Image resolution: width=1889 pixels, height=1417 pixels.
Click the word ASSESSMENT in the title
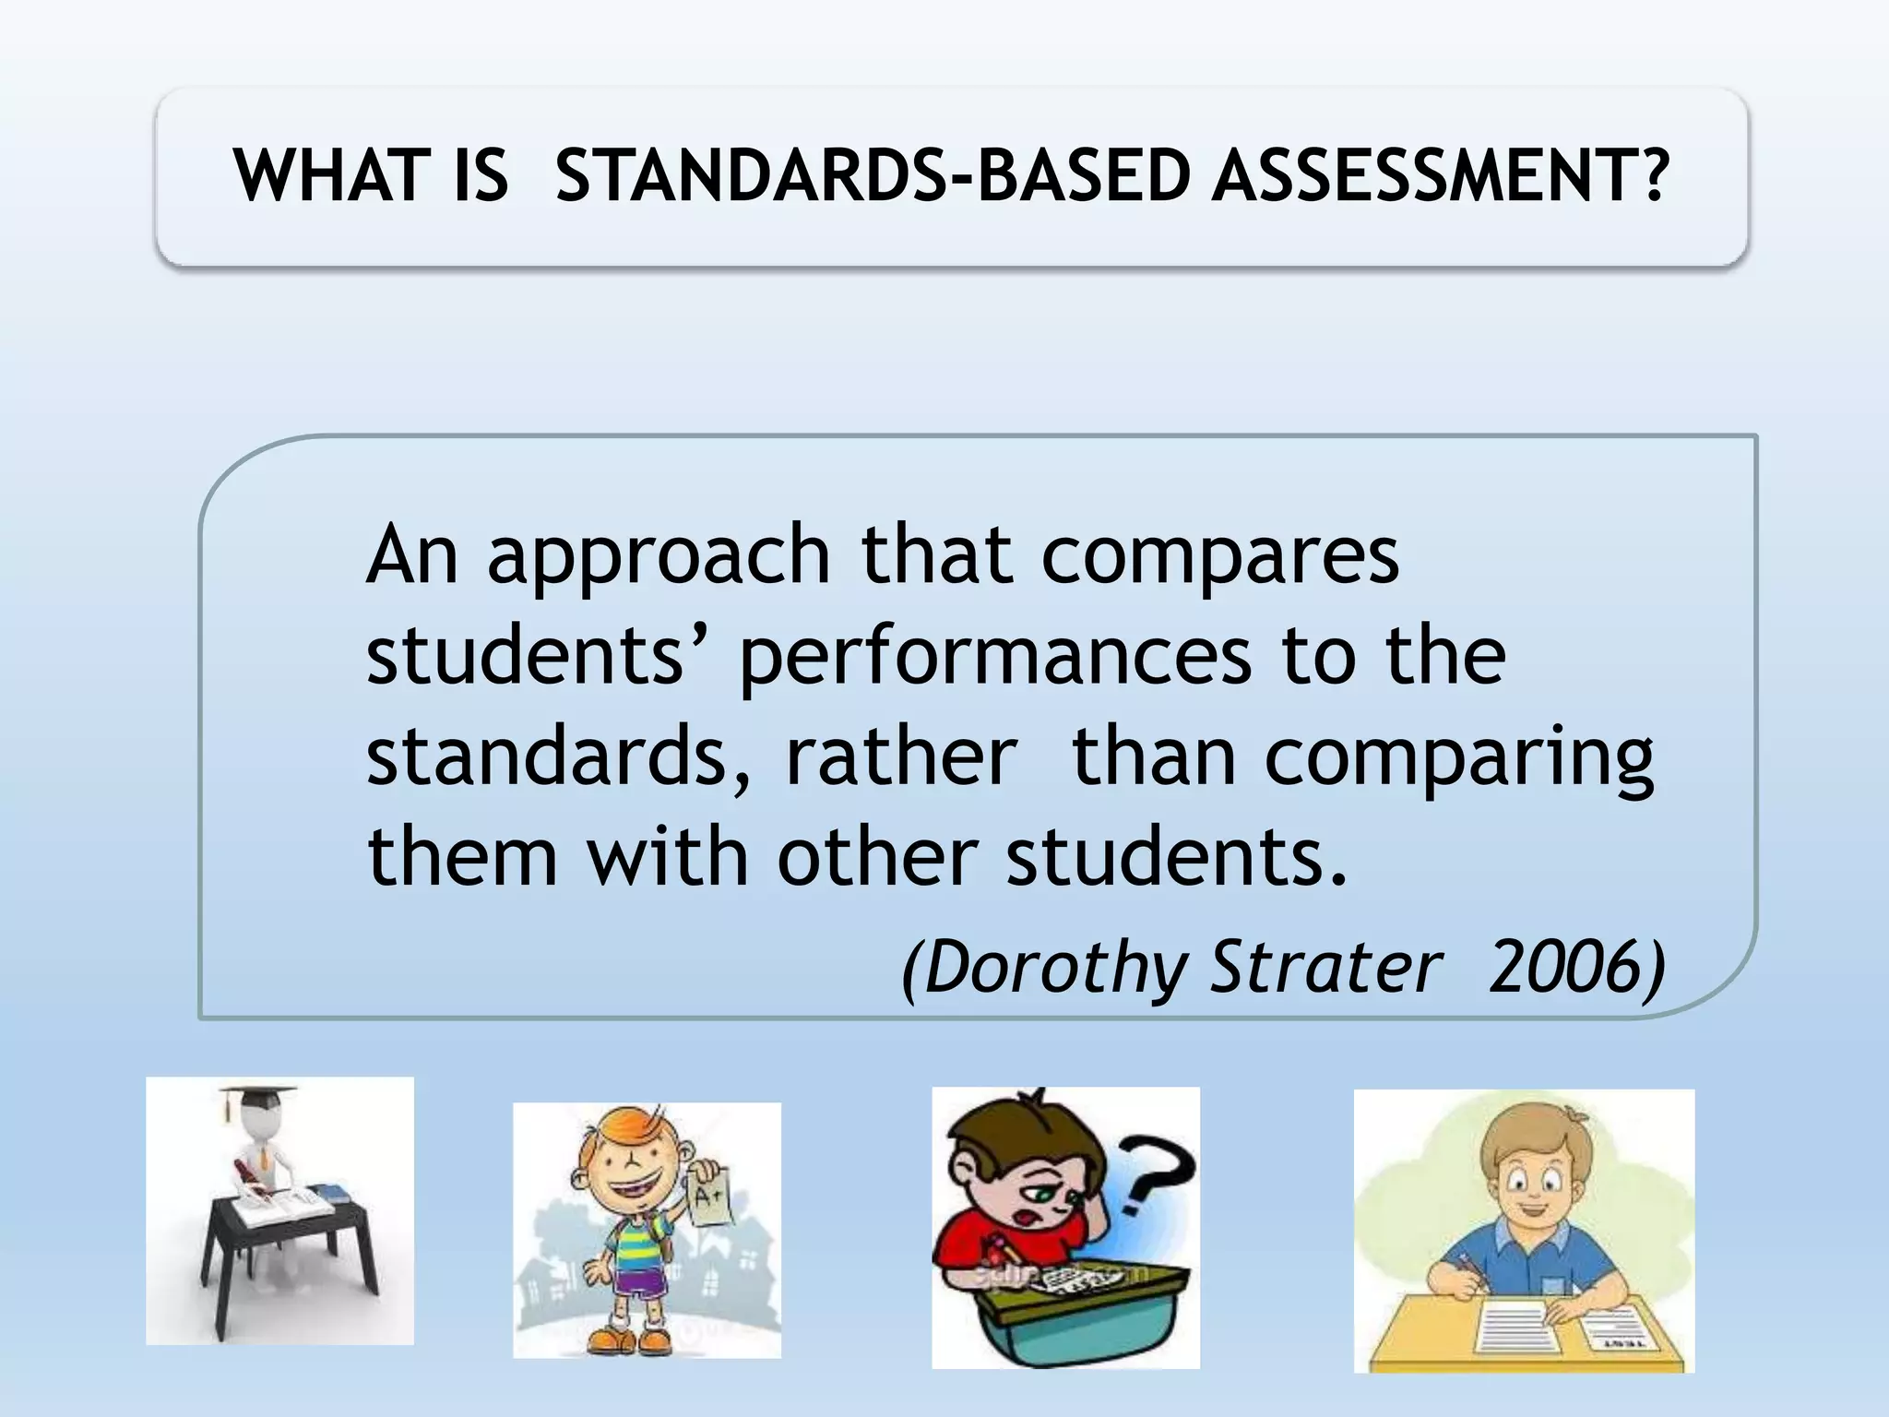tap(1440, 176)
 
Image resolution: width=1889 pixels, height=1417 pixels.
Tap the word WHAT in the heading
tap(328, 176)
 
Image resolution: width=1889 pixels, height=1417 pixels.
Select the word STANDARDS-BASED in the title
tap(872, 176)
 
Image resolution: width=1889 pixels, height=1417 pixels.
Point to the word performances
tap(995, 657)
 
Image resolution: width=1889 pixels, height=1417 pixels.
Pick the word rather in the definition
tap(901, 756)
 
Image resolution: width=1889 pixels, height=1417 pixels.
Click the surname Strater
tap(1325, 967)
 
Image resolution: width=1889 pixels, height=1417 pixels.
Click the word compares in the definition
tap(1220, 557)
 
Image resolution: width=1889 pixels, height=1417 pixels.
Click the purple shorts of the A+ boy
tap(636, 1279)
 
